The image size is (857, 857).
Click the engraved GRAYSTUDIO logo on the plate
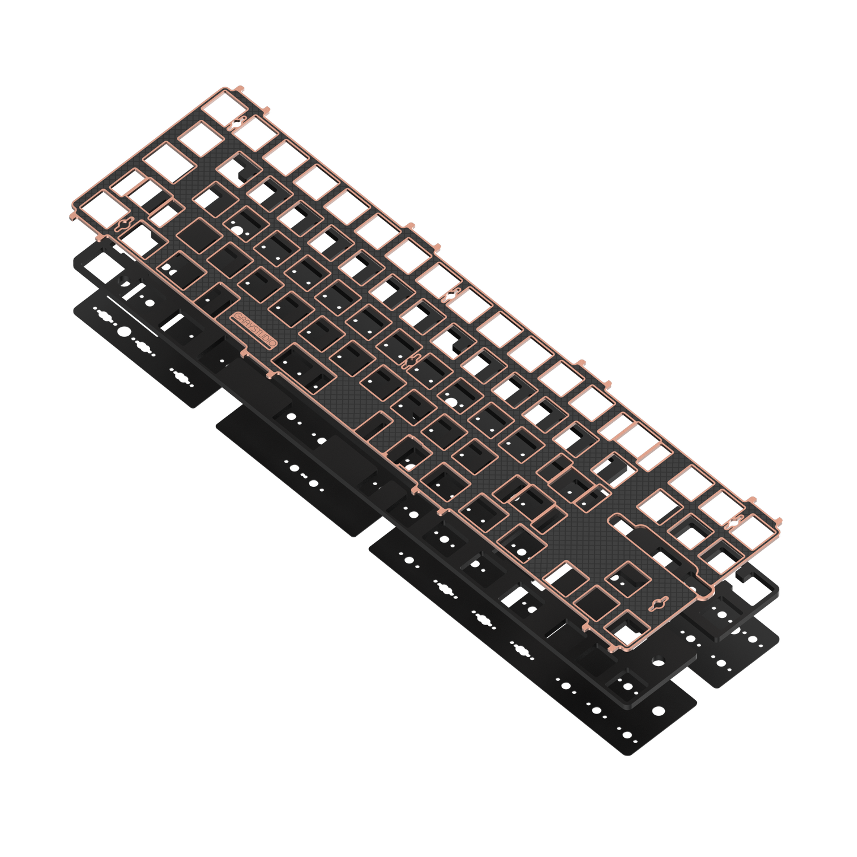click(x=254, y=330)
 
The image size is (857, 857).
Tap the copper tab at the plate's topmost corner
click(x=239, y=88)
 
